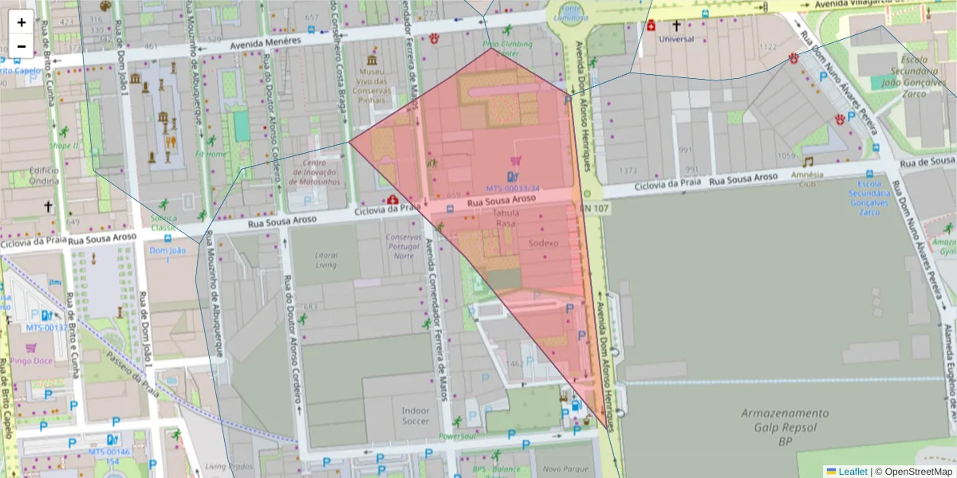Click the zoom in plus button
(x=22, y=22)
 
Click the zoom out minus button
(x=22, y=46)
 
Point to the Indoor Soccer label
(x=415, y=415)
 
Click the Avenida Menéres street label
(x=265, y=41)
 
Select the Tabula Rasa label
(x=506, y=218)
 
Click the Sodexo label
(x=543, y=243)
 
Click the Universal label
(x=677, y=38)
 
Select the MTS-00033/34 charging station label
(x=513, y=189)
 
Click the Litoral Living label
(x=326, y=260)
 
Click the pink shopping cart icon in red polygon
(x=515, y=161)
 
